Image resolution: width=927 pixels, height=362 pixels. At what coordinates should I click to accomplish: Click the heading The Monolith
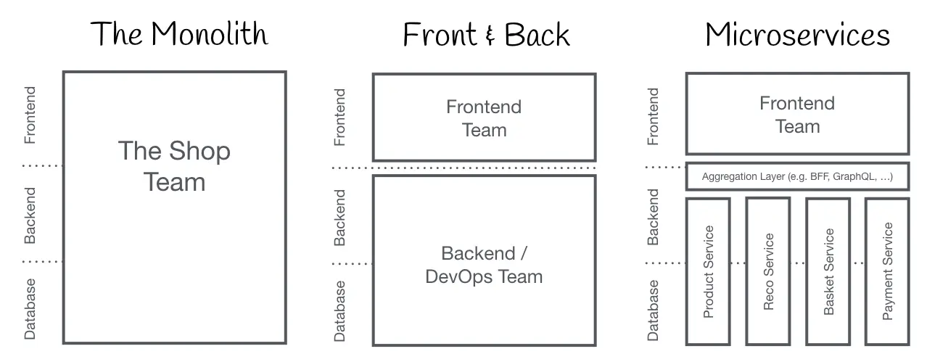click(179, 34)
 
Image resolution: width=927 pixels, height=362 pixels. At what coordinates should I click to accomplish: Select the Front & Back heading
click(486, 35)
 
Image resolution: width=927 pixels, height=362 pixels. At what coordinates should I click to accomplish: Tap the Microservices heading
click(797, 34)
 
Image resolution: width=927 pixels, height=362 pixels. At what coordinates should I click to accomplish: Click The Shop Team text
click(174, 166)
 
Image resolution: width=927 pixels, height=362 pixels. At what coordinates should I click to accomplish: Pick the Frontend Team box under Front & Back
click(484, 118)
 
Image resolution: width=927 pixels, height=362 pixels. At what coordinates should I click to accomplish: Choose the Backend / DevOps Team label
click(484, 265)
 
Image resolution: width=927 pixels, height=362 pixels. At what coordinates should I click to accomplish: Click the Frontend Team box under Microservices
click(797, 115)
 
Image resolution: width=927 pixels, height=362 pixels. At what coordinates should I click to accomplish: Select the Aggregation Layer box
click(797, 176)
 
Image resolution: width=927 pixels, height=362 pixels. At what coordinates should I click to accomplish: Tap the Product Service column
click(709, 271)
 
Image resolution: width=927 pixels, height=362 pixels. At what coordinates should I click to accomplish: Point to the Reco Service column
click(768, 271)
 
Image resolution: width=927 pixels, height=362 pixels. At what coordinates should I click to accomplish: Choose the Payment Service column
click(887, 271)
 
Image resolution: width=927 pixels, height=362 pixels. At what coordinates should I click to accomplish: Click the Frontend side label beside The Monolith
click(30, 115)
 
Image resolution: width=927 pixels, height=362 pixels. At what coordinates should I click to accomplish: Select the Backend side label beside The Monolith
click(30, 215)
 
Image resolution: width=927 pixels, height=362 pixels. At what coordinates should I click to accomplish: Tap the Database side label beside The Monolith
click(30, 309)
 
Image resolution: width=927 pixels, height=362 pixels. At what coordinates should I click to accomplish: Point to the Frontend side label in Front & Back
click(339, 117)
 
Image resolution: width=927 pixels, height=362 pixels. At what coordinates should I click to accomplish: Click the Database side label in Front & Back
click(339, 310)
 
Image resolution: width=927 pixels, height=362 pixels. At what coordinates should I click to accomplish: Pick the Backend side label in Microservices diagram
click(653, 216)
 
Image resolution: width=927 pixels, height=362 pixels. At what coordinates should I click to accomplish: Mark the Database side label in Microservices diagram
click(653, 310)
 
